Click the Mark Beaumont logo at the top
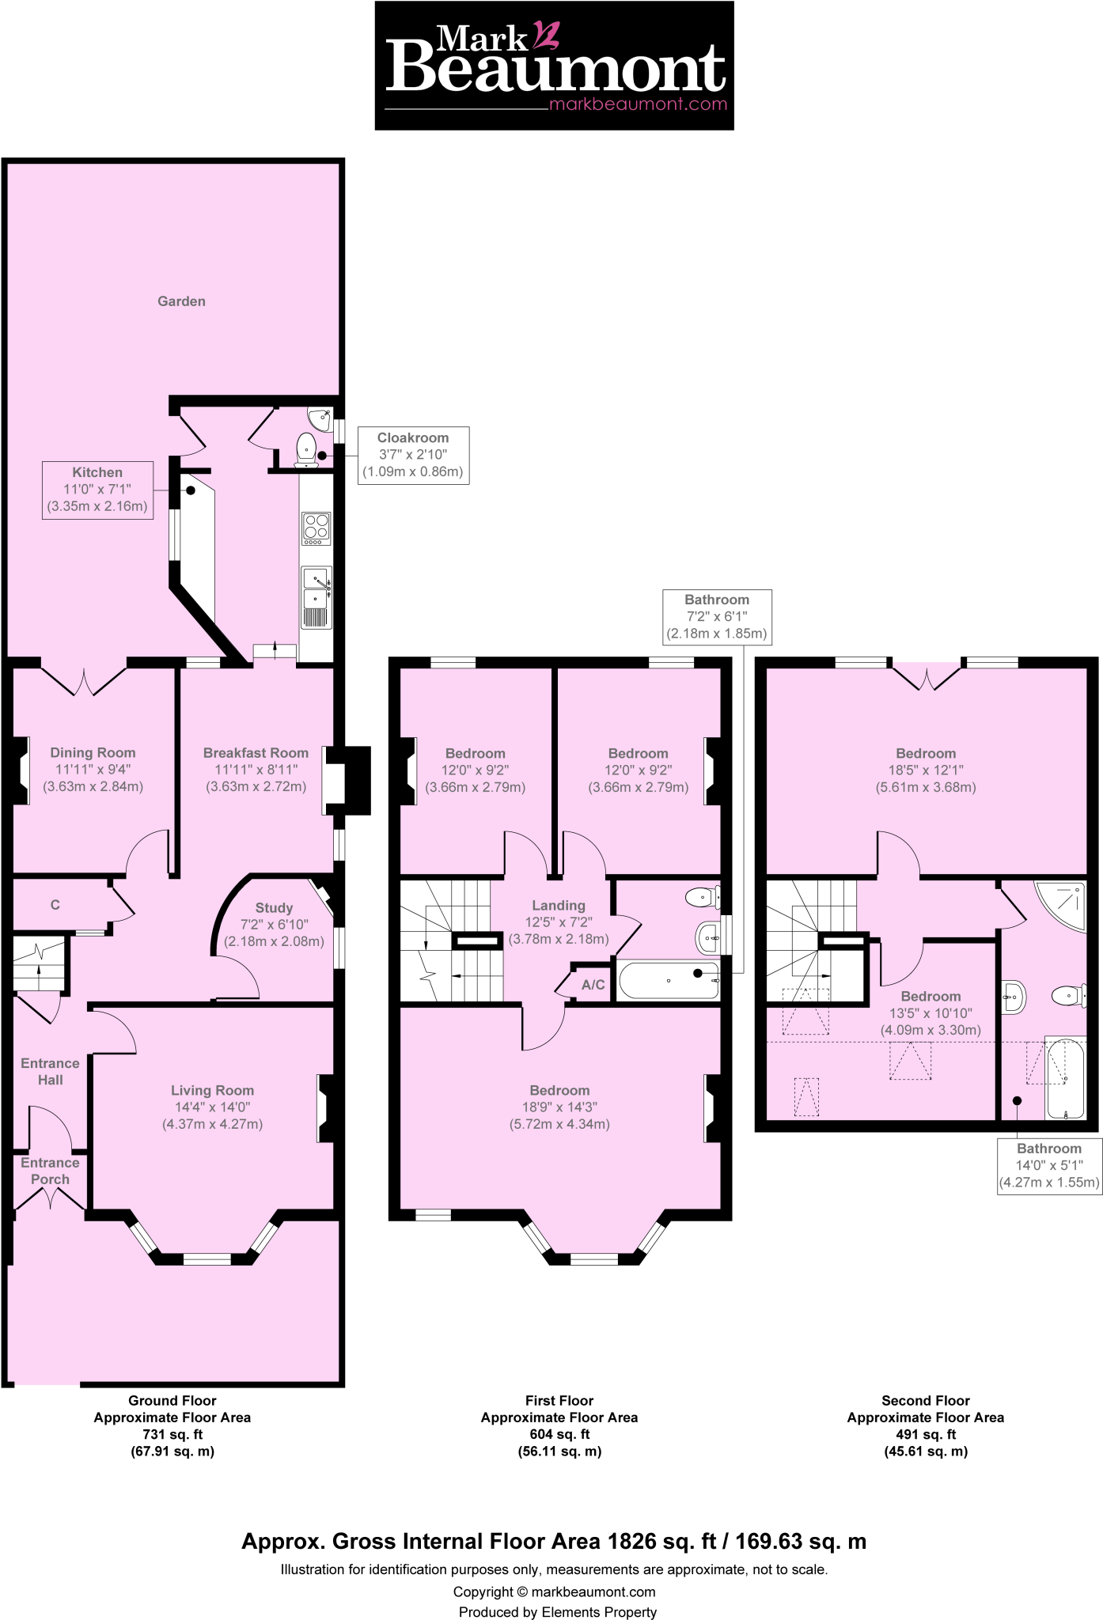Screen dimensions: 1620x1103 coord(554,66)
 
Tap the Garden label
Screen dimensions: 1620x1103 coord(181,301)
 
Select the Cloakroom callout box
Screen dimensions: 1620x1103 coord(413,455)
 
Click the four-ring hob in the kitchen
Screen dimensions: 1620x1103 coord(316,528)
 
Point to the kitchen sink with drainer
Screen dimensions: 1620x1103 coord(316,597)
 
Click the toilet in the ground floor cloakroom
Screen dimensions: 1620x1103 coord(306,450)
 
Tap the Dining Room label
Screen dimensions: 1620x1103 coord(93,753)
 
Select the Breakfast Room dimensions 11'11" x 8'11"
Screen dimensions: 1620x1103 coord(256,770)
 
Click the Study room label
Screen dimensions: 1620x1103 coord(274,908)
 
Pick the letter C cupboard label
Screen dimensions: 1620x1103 coord(55,905)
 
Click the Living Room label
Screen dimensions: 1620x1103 coord(212,1091)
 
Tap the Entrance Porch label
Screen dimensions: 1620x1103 coord(50,1171)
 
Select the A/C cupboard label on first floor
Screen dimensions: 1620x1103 coord(593,985)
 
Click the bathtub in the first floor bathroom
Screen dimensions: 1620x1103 coord(668,981)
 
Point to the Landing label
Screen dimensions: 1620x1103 coord(559,906)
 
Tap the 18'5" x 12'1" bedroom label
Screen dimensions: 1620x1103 coord(926,770)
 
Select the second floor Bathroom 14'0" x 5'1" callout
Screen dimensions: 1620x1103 coord(1049,1166)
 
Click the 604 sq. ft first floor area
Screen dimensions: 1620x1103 coord(559,1434)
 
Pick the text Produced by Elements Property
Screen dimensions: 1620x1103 coord(557,1612)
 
